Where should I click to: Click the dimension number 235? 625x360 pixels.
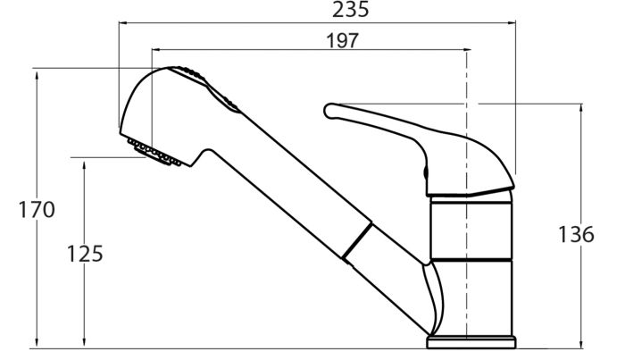351,10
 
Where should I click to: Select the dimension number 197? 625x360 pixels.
342,41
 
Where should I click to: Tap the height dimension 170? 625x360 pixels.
37,210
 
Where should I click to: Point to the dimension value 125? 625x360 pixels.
85,254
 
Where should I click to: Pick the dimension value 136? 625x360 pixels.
576,234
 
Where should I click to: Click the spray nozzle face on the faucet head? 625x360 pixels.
154,152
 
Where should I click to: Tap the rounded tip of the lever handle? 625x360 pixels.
330,111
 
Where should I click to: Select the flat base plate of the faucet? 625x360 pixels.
471,342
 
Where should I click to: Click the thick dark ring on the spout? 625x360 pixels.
357,241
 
